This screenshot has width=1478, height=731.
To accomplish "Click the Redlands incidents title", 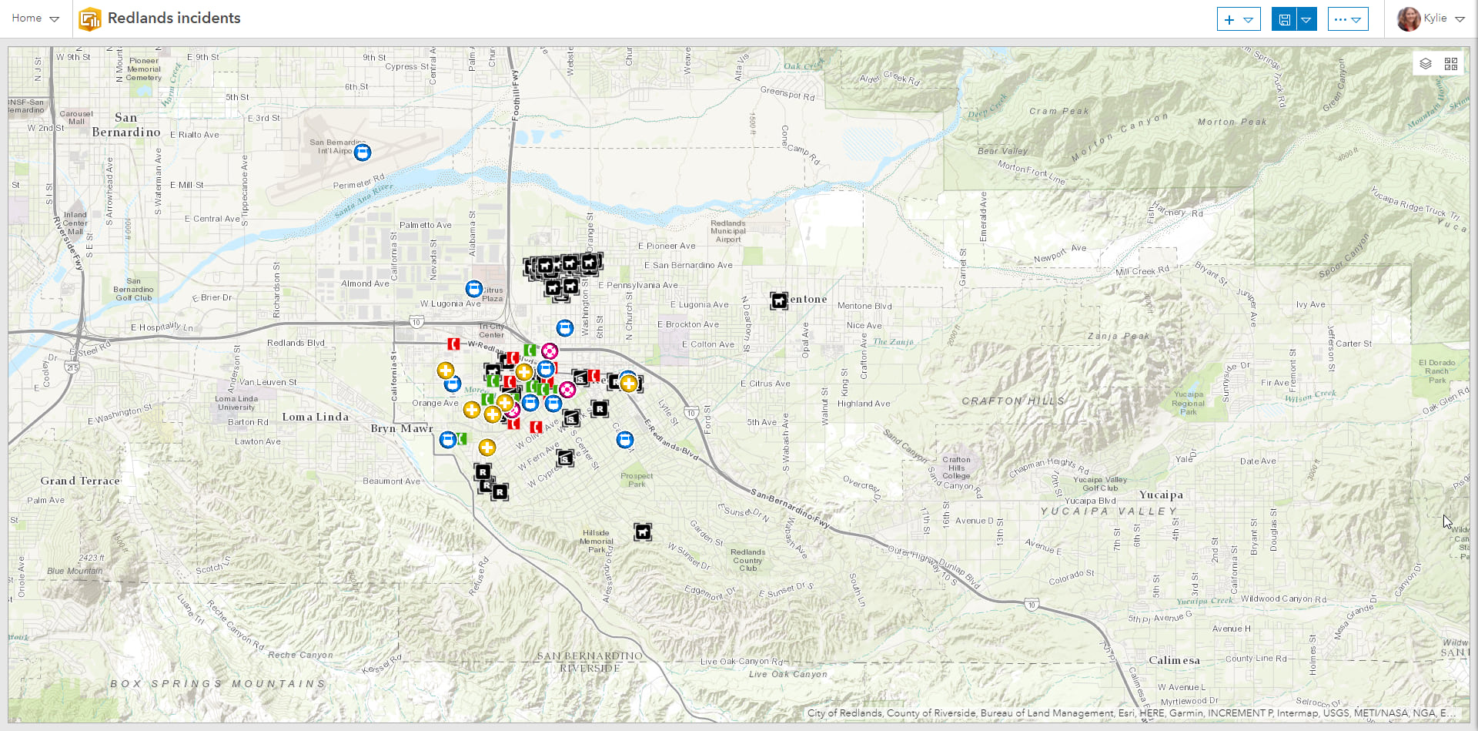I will (174, 18).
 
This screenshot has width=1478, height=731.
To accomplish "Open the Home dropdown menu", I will (35, 18).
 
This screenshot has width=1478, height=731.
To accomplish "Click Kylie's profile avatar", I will (1408, 18).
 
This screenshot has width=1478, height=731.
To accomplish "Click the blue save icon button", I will (1284, 19).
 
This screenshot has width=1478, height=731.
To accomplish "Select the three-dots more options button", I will (1347, 19).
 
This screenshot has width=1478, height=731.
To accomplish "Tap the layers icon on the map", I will (1426, 64).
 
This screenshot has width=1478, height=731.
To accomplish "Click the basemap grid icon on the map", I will (1451, 64).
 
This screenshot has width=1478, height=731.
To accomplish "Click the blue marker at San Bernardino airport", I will (363, 152).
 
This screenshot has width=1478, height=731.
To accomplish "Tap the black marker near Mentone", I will (779, 300).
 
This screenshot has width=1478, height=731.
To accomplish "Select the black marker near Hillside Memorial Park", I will (643, 531).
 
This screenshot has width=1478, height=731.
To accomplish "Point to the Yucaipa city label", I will (1161, 495).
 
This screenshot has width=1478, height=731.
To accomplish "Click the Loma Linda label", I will (315, 417).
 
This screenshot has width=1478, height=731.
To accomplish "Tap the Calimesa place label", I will (1174, 660).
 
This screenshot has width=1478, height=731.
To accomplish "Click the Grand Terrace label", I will (80, 481).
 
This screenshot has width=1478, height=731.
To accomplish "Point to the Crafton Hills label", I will (1013, 401).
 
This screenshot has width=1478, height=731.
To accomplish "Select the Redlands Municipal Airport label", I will (728, 231).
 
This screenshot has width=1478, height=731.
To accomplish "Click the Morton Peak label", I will (1232, 122).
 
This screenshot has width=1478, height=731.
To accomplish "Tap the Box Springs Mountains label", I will (218, 683).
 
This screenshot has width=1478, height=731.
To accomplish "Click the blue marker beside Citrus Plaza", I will (474, 289).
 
